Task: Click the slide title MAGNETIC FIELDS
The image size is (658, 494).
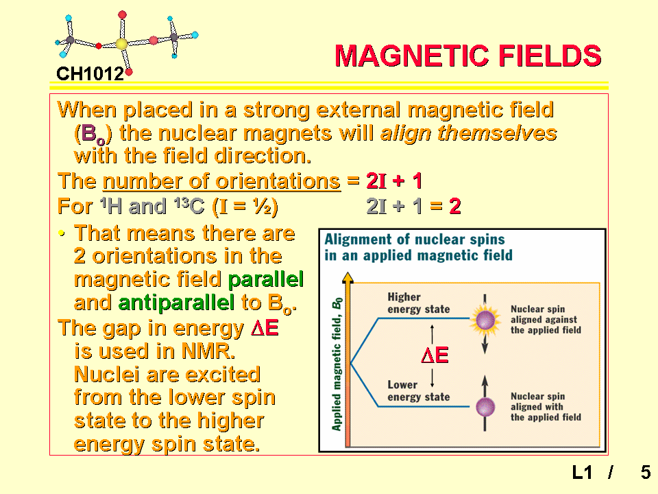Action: click(x=468, y=56)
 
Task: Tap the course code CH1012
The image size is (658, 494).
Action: click(x=90, y=74)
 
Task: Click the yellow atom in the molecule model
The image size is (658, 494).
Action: click(x=121, y=44)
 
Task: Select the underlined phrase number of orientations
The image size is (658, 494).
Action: click(x=221, y=181)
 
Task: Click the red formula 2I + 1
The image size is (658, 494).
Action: click(x=394, y=181)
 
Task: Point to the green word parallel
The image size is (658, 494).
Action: click(x=266, y=280)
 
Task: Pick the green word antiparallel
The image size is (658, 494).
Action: click(x=176, y=303)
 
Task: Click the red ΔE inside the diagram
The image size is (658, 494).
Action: click(x=435, y=355)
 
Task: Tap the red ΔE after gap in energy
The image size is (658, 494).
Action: click(x=265, y=328)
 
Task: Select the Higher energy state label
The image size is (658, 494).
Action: click(x=418, y=303)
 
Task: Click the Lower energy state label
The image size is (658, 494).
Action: click(x=418, y=391)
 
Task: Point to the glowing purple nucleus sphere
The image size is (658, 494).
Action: click(x=485, y=321)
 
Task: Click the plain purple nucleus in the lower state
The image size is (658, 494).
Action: click(x=485, y=407)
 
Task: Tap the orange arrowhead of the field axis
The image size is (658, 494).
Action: click(x=348, y=278)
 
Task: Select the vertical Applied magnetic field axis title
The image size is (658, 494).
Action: click(x=337, y=364)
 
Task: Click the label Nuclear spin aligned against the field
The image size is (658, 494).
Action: click(x=546, y=320)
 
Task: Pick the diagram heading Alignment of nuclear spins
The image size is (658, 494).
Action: click(x=414, y=239)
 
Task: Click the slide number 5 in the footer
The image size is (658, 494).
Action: click(x=646, y=473)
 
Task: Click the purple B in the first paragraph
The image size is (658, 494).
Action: click(x=88, y=133)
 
